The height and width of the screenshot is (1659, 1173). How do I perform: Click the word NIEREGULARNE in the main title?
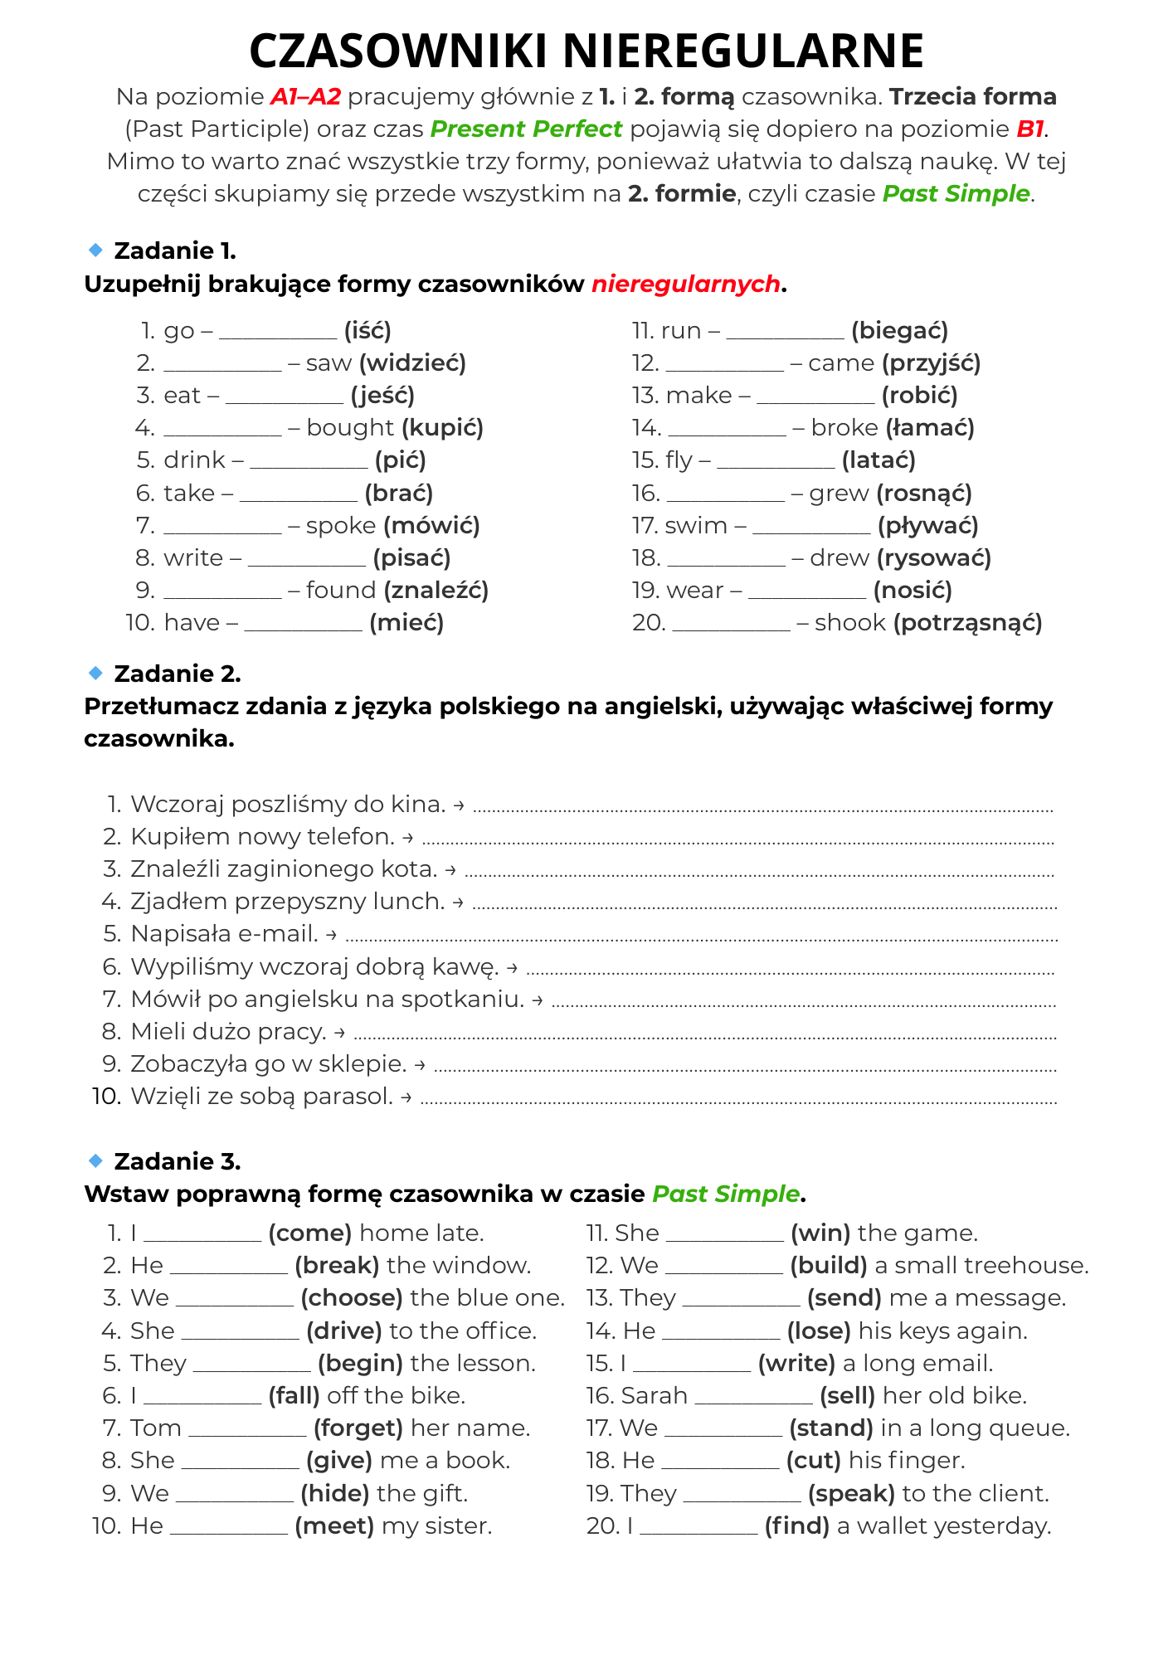747,51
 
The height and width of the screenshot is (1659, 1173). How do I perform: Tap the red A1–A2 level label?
305,97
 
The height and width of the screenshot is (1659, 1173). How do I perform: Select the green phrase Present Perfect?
526,129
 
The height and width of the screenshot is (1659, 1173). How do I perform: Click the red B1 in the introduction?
1030,129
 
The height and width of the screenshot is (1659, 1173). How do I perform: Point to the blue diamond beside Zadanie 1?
95,250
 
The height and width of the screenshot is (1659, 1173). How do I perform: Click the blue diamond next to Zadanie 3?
95,1160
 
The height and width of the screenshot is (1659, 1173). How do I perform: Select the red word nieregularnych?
685,284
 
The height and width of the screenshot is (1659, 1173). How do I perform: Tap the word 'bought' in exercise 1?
350,428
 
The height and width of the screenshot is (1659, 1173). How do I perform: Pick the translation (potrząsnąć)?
967,623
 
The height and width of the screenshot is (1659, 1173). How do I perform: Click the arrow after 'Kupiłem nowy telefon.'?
407,838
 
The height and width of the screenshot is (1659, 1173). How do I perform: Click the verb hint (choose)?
352,1298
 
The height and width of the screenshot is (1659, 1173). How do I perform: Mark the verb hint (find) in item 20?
796,1526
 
